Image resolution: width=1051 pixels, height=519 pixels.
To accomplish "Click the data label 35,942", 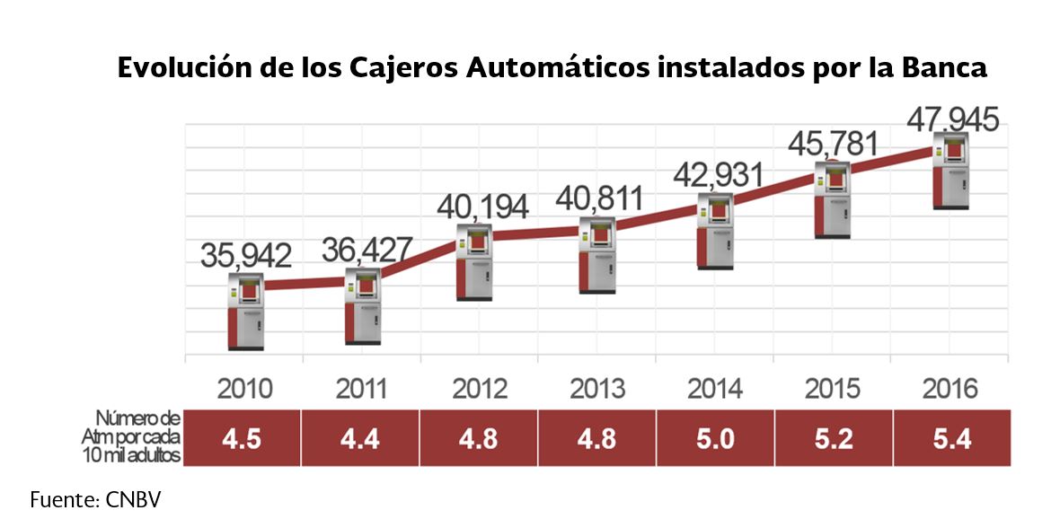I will click(x=245, y=256).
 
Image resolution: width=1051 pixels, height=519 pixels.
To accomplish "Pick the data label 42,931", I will click(x=718, y=174).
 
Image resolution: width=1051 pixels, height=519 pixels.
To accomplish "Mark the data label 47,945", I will click(x=952, y=119).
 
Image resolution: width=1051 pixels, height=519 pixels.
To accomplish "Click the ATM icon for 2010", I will click(x=245, y=311).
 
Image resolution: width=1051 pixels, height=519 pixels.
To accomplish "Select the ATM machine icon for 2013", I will click(x=597, y=255).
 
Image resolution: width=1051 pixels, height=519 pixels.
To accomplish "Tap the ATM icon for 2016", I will click(x=951, y=171).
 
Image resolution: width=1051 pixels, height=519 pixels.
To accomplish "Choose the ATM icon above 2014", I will click(x=716, y=231).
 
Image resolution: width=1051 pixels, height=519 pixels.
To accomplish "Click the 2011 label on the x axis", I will click(x=362, y=390).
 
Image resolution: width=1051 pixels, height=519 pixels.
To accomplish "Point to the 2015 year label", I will click(x=833, y=390).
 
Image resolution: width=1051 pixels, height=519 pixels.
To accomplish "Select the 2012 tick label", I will click(x=480, y=390).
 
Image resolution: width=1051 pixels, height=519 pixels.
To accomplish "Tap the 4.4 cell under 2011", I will click(x=361, y=438).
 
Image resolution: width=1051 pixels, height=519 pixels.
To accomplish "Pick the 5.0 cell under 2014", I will click(x=715, y=438).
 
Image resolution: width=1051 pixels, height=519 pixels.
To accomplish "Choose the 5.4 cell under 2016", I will click(x=951, y=438).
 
